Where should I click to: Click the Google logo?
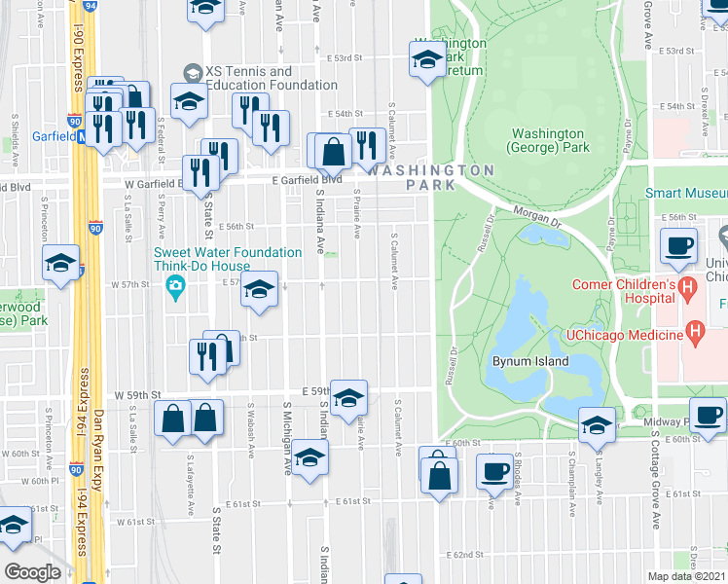[32, 572]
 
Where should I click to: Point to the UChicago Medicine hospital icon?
[695, 334]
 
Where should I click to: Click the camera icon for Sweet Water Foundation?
[176, 285]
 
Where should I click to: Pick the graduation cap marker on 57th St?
[259, 289]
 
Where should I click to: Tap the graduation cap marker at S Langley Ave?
[597, 423]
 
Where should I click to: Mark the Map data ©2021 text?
[686, 576]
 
